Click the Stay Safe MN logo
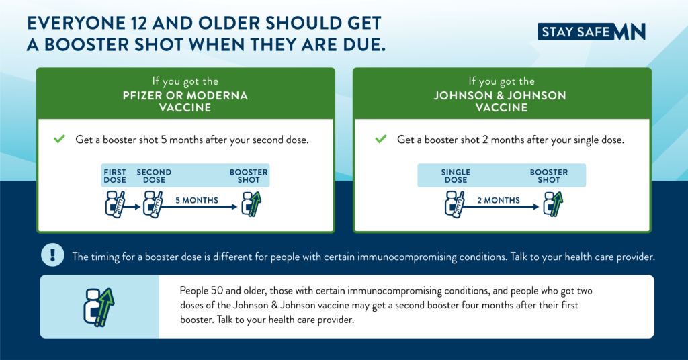pos(591,31)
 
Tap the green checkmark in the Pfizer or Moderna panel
pos(59,140)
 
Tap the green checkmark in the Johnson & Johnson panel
pos(381,140)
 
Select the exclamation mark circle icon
pos(52,255)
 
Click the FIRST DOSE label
pos(115,176)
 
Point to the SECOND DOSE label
pos(154,176)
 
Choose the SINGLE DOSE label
pos(456,176)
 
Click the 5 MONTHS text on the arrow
pos(196,200)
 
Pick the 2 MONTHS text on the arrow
pos(499,200)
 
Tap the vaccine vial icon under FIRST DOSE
pos(115,203)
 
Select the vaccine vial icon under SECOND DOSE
pos(154,203)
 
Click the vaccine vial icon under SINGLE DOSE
pos(455,203)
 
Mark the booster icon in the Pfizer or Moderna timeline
pos(251,203)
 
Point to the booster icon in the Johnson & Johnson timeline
pos(553,203)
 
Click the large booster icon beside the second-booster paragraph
pos(97,306)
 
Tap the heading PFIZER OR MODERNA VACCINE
pos(185,101)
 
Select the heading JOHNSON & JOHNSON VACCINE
pos(500,101)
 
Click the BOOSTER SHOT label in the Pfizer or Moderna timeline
pos(249,176)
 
